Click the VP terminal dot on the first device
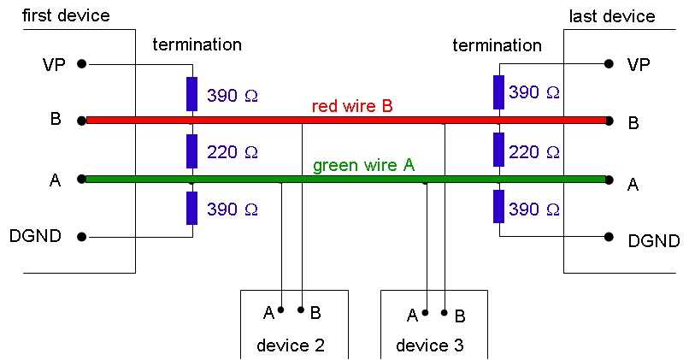click(x=81, y=63)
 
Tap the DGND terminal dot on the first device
click(x=81, y=237)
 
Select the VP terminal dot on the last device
click(x=608, y=63)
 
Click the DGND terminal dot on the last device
click(x=608, y=237)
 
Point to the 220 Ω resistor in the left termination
click(x=192, y=150)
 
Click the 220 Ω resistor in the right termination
click(x=499, y=150)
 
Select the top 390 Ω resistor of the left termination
click(x=192, y=93)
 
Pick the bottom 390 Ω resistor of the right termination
click(x=499, y=208)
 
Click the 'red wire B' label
click(x=351, y=106)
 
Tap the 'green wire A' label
click(x=363, y=165)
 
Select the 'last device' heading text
click(x=612, y=16)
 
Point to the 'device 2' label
click(x=291, y=345)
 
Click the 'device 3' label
click(x=430, y=345)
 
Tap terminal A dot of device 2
click(x=280, y=310)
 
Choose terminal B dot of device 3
click(x=445, y=312)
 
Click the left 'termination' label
click(x=197, y=44)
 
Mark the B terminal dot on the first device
click(x=81, y=121)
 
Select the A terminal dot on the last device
click(x=608, y=180)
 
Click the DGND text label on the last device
click(x=653, y=242)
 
